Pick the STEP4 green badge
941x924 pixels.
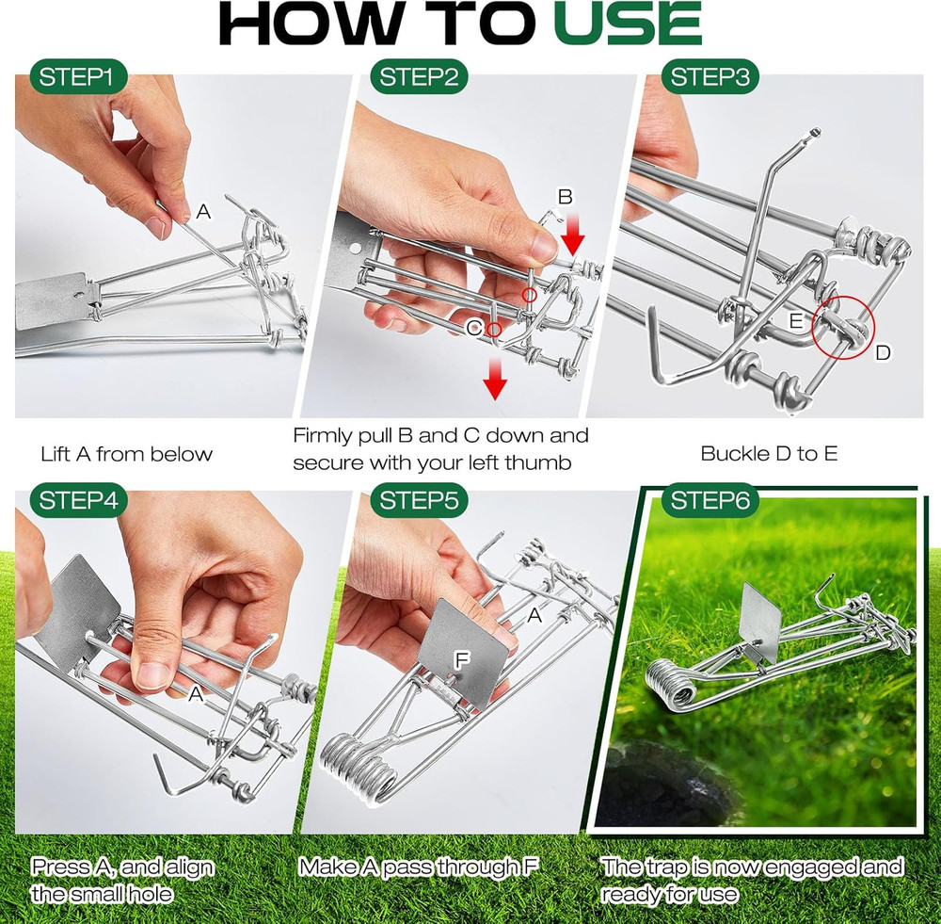pos(80,502)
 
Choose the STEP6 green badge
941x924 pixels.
pos(711,502)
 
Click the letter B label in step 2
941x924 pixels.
pos(565,197)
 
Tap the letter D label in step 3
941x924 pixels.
pos(883,352)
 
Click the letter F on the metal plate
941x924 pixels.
pos(461,660)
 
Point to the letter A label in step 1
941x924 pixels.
pos(203,213)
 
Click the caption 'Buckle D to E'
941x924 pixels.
pos(768,453)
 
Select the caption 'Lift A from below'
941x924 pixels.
pos(126,454)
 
